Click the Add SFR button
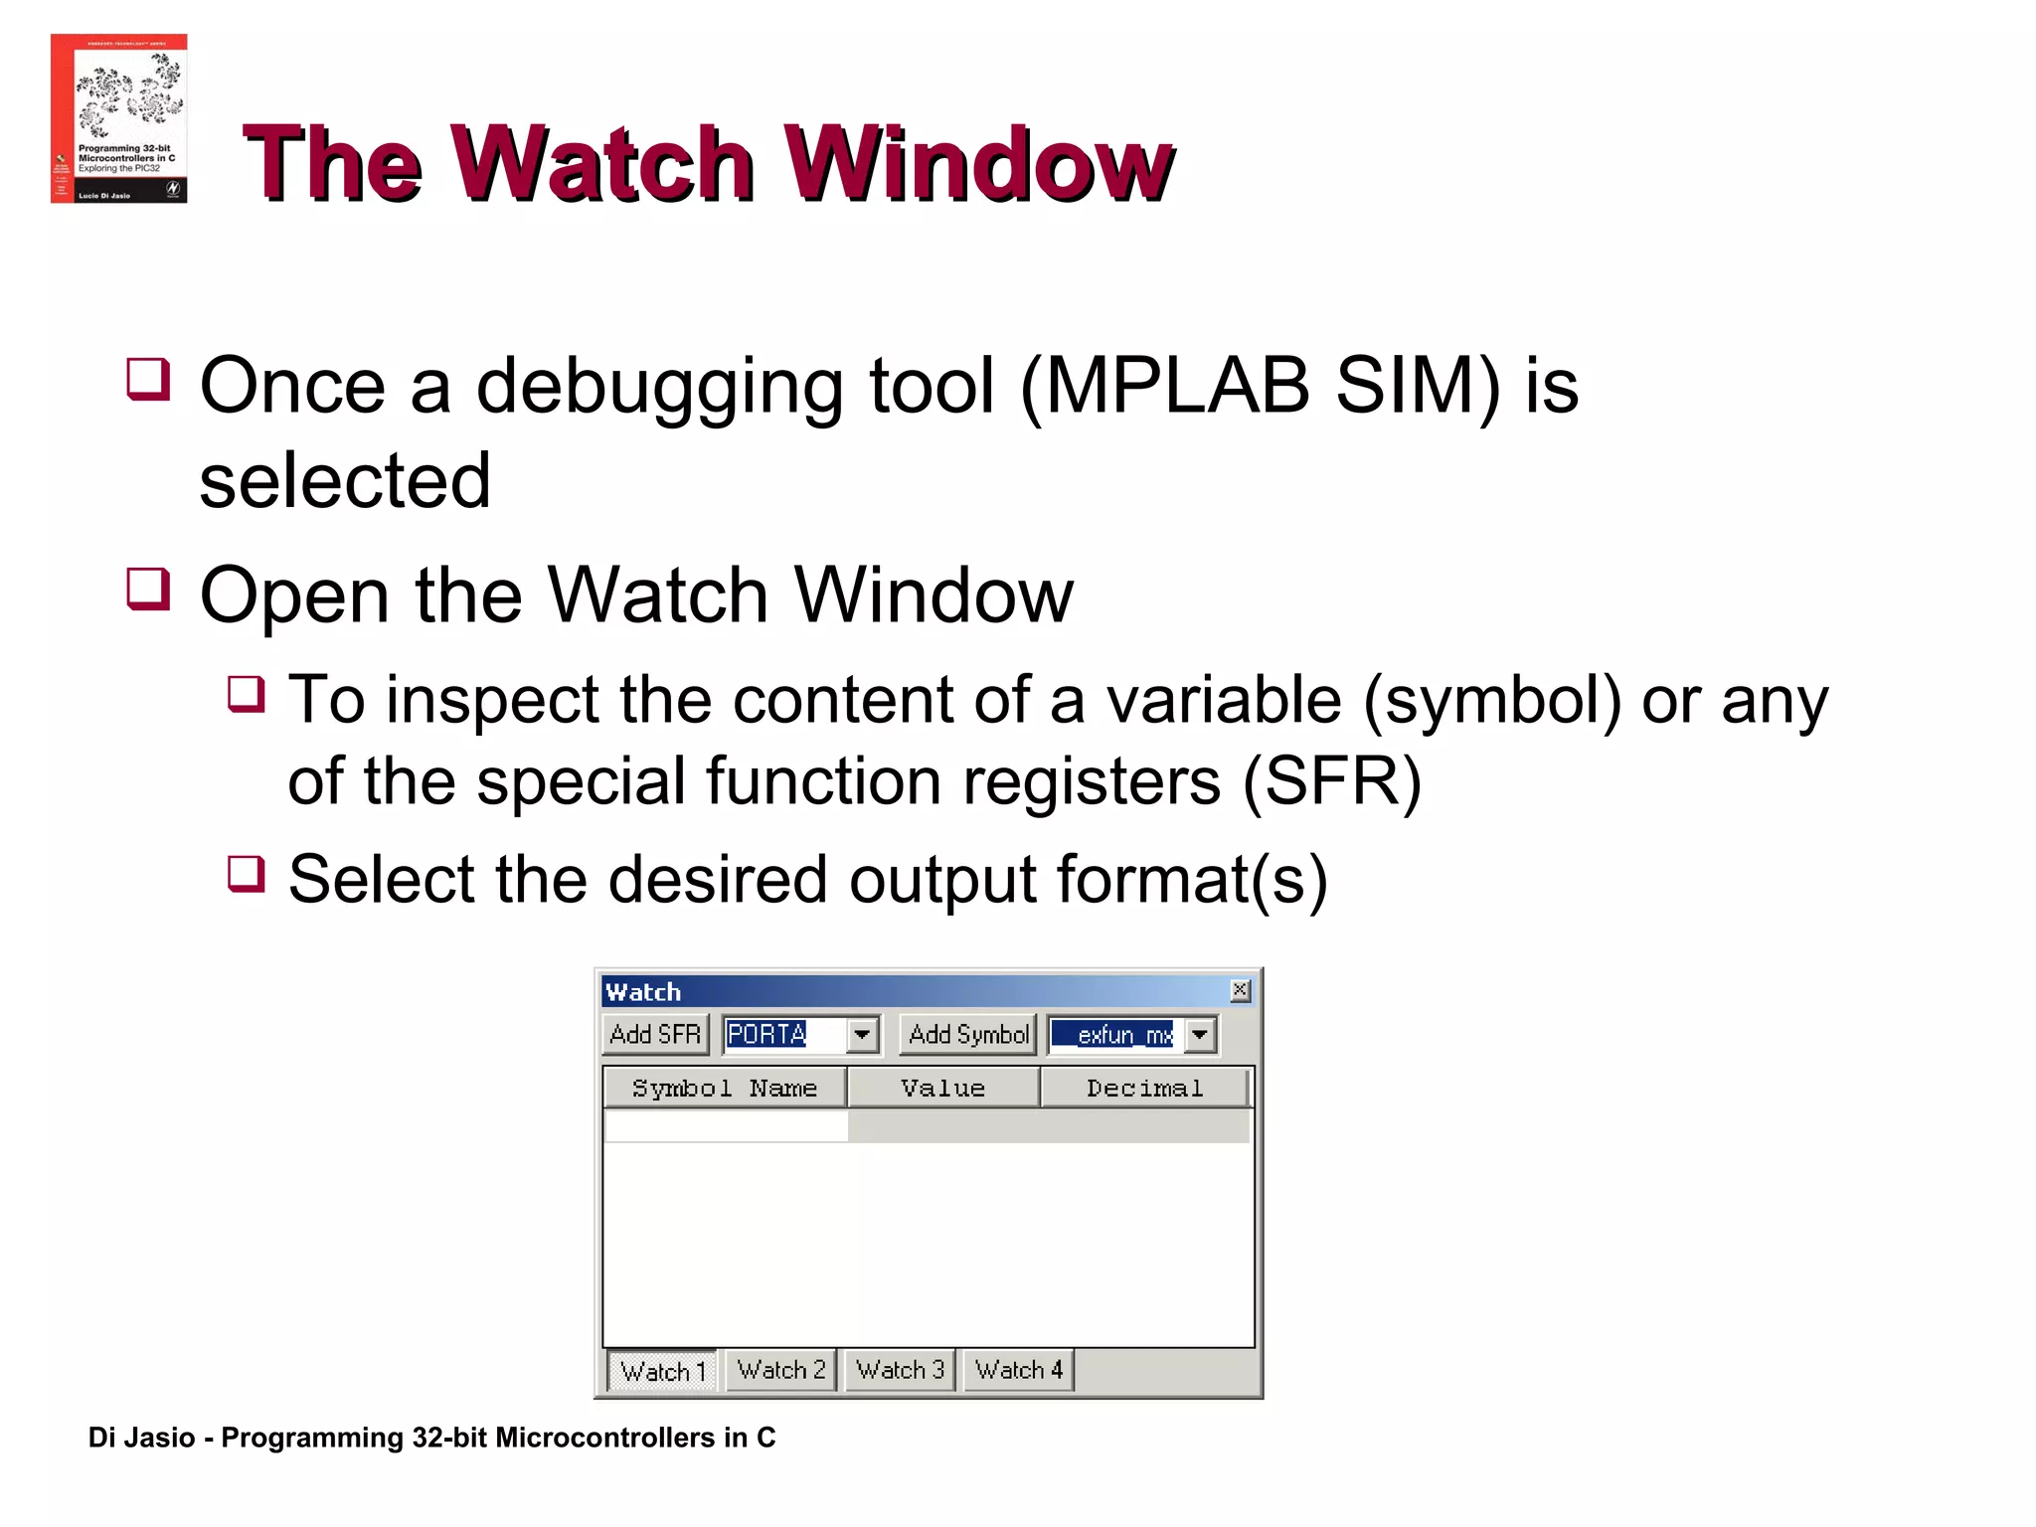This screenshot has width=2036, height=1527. pyautogui.click(x=655, y=1035)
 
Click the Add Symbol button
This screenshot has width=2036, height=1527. pyautogui.click(x=968, y=1035)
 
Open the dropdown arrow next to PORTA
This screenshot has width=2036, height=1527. pyautogui.click(x=862, y=1035)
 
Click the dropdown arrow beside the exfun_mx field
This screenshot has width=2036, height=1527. pyautogui.click(x=1200, y=1035)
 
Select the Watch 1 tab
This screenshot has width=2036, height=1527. pyautogui.click(x=662, y=1371)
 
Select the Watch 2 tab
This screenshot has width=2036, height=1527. pyautogui.click(x=781, y=1370)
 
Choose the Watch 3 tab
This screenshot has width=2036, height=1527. pyautogui.click(x=900, y=1370)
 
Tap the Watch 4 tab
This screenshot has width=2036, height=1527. pyautogui.click(x=1019, y=1370)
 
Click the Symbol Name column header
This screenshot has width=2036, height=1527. pyautogui.click(x=725, y=1089)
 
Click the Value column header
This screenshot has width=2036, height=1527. pyautogui.click(x=942, y=1089)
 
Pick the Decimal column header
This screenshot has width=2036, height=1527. pyautogui.click(x=1144, y=1089)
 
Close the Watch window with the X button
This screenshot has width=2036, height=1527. pyautogui.click(x=1240, y=990)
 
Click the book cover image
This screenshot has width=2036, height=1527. pyautogui.click(x=119, y=118)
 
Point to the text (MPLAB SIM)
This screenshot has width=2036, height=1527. pyautogui.click(x=1261, y=387)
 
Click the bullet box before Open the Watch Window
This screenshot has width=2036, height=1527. pyautogui.click(x=149, y=589)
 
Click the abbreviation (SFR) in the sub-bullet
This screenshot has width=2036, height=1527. pyautogui.click(x=1332, y=781)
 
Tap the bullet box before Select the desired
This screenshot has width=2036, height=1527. pyautogui.click(x=247, y=874)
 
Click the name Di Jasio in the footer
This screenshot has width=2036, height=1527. pyautogui.click(x=141, y=1438)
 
